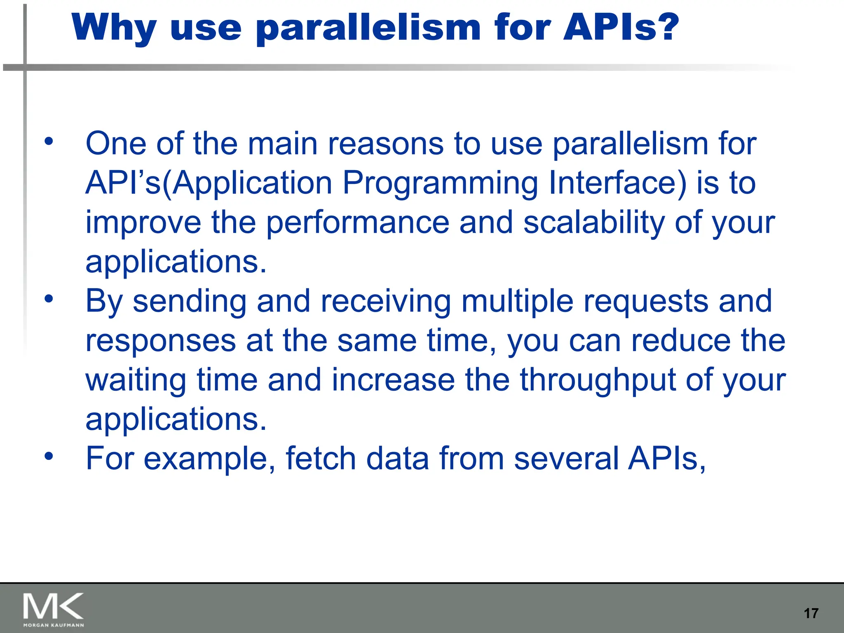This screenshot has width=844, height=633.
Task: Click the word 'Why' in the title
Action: [x=114, y=28]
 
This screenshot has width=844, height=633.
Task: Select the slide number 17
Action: [x=811, y=613]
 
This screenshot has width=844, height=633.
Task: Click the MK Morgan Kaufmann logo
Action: [x=54, y=609]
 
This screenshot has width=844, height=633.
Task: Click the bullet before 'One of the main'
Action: [x=49, y=141]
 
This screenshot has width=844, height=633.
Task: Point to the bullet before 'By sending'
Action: [x=49, y=299]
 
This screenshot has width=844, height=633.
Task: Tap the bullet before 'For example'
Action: [x=49, y=456]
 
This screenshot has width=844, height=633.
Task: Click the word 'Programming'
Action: [x=440, y=183]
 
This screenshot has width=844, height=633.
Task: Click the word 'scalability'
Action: [x=594, y=222]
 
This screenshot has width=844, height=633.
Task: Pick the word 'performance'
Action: [x=357, y=223]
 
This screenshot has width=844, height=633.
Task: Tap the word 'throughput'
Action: [x=597, y=380]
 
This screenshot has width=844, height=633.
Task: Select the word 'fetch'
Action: [x=321, y=458]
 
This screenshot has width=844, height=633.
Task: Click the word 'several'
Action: [x=566, y=458]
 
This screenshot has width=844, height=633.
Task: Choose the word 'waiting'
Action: [x=136, y=380]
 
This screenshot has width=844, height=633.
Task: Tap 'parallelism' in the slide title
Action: [x=368, y=28]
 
